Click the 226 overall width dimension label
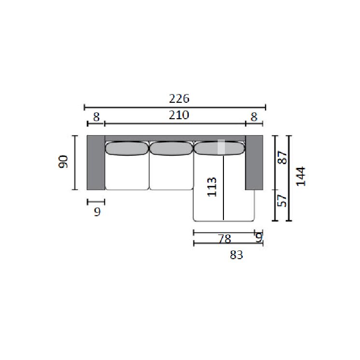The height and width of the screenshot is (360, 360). click(x=179, y=99)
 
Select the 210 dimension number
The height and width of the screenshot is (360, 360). click(x=179, y=115)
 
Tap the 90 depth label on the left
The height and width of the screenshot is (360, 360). click(x=64, y=162)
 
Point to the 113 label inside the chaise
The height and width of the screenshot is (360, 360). click(x=212, y=187)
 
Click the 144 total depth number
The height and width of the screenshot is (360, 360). click(x=301, y=176)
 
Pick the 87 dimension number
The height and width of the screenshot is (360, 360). click(x=282, y=157)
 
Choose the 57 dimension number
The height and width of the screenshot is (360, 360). click(x=282, y=201)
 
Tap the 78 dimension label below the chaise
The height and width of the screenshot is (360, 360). click(x=224, y=239)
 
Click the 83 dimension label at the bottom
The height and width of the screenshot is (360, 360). click(x=236, y=255)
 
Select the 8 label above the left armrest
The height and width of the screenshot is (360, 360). click(x=97, y=117)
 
